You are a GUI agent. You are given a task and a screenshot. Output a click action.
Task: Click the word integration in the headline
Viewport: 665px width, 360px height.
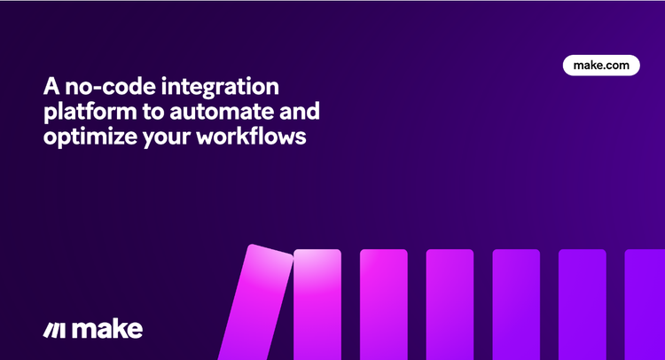click(220, 88)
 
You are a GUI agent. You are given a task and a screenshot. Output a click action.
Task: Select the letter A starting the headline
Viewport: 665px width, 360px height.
click(51, 86)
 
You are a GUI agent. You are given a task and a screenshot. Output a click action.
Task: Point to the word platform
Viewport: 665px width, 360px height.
click(90, 112)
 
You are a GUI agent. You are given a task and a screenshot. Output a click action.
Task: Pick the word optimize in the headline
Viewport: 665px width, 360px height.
click(90, 137)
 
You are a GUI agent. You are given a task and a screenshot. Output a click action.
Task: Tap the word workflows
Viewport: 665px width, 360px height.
click(251, 137)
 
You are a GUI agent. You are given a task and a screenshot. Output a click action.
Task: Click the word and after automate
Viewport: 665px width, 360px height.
click(299, 111)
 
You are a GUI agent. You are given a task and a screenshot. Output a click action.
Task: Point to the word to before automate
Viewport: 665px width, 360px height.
click(153, 112)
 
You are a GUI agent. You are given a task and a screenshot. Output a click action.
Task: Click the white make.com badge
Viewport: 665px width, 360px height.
click(601, 66)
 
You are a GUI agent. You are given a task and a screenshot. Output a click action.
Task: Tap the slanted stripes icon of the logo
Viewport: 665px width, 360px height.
click(54, 331)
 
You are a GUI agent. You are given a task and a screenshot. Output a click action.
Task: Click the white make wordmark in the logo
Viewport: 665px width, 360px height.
click(107, 330)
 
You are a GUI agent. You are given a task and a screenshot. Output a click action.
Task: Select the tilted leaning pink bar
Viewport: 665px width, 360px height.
click(255, 302)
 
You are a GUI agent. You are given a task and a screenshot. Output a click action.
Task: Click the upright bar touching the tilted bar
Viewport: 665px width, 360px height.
click(317, 304)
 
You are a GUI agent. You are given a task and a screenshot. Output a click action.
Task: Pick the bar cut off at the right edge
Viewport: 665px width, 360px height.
click(645, 304)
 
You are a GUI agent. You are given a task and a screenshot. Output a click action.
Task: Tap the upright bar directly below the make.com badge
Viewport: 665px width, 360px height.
click(583, 304)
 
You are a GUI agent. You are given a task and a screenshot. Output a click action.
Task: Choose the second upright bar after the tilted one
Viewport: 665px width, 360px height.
click(384, 304)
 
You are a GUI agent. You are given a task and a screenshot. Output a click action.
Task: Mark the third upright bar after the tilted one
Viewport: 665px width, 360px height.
click(450, 304)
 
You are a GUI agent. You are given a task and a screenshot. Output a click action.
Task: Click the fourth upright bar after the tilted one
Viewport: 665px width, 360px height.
click(516, 304)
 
